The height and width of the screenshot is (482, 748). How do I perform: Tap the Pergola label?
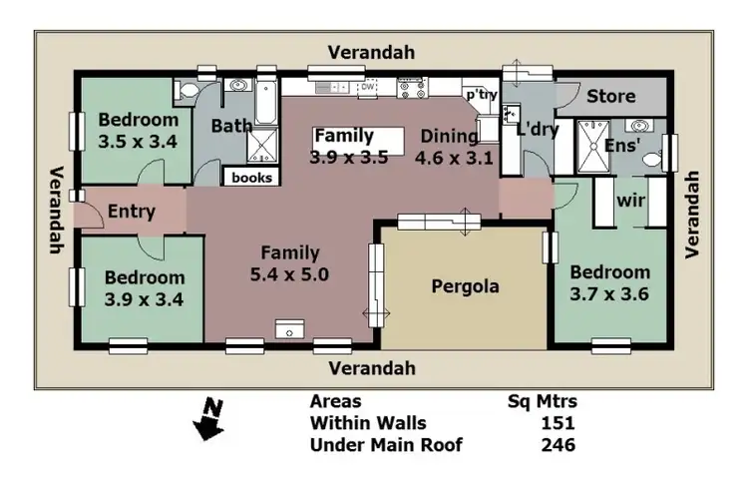coord(465,287)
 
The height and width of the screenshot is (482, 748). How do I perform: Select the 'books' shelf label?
coord(251,178)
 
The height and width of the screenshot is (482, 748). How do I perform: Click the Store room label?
coord(610,97)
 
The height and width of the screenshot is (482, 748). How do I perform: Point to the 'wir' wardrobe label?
coord(630,201)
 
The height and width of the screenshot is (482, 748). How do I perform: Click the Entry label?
coord(130,211)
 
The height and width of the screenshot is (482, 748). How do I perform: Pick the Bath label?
coord(231,127)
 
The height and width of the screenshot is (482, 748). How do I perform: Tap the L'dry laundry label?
coord(537,130)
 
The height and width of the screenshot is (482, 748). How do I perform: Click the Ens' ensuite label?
coord(623,146)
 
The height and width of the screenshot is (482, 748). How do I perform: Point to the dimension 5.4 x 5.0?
coord(290,272)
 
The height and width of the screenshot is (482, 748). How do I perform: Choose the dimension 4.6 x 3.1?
coord(455,157)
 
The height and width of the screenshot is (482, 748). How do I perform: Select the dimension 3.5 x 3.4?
coord(138,142)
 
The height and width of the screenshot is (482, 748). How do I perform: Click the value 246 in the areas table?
coord(558,445)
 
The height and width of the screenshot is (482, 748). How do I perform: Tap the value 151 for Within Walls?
coord(558,424)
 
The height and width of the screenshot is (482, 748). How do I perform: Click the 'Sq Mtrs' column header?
coord(543,403)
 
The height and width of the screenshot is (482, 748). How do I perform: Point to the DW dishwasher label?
coord(367,87)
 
